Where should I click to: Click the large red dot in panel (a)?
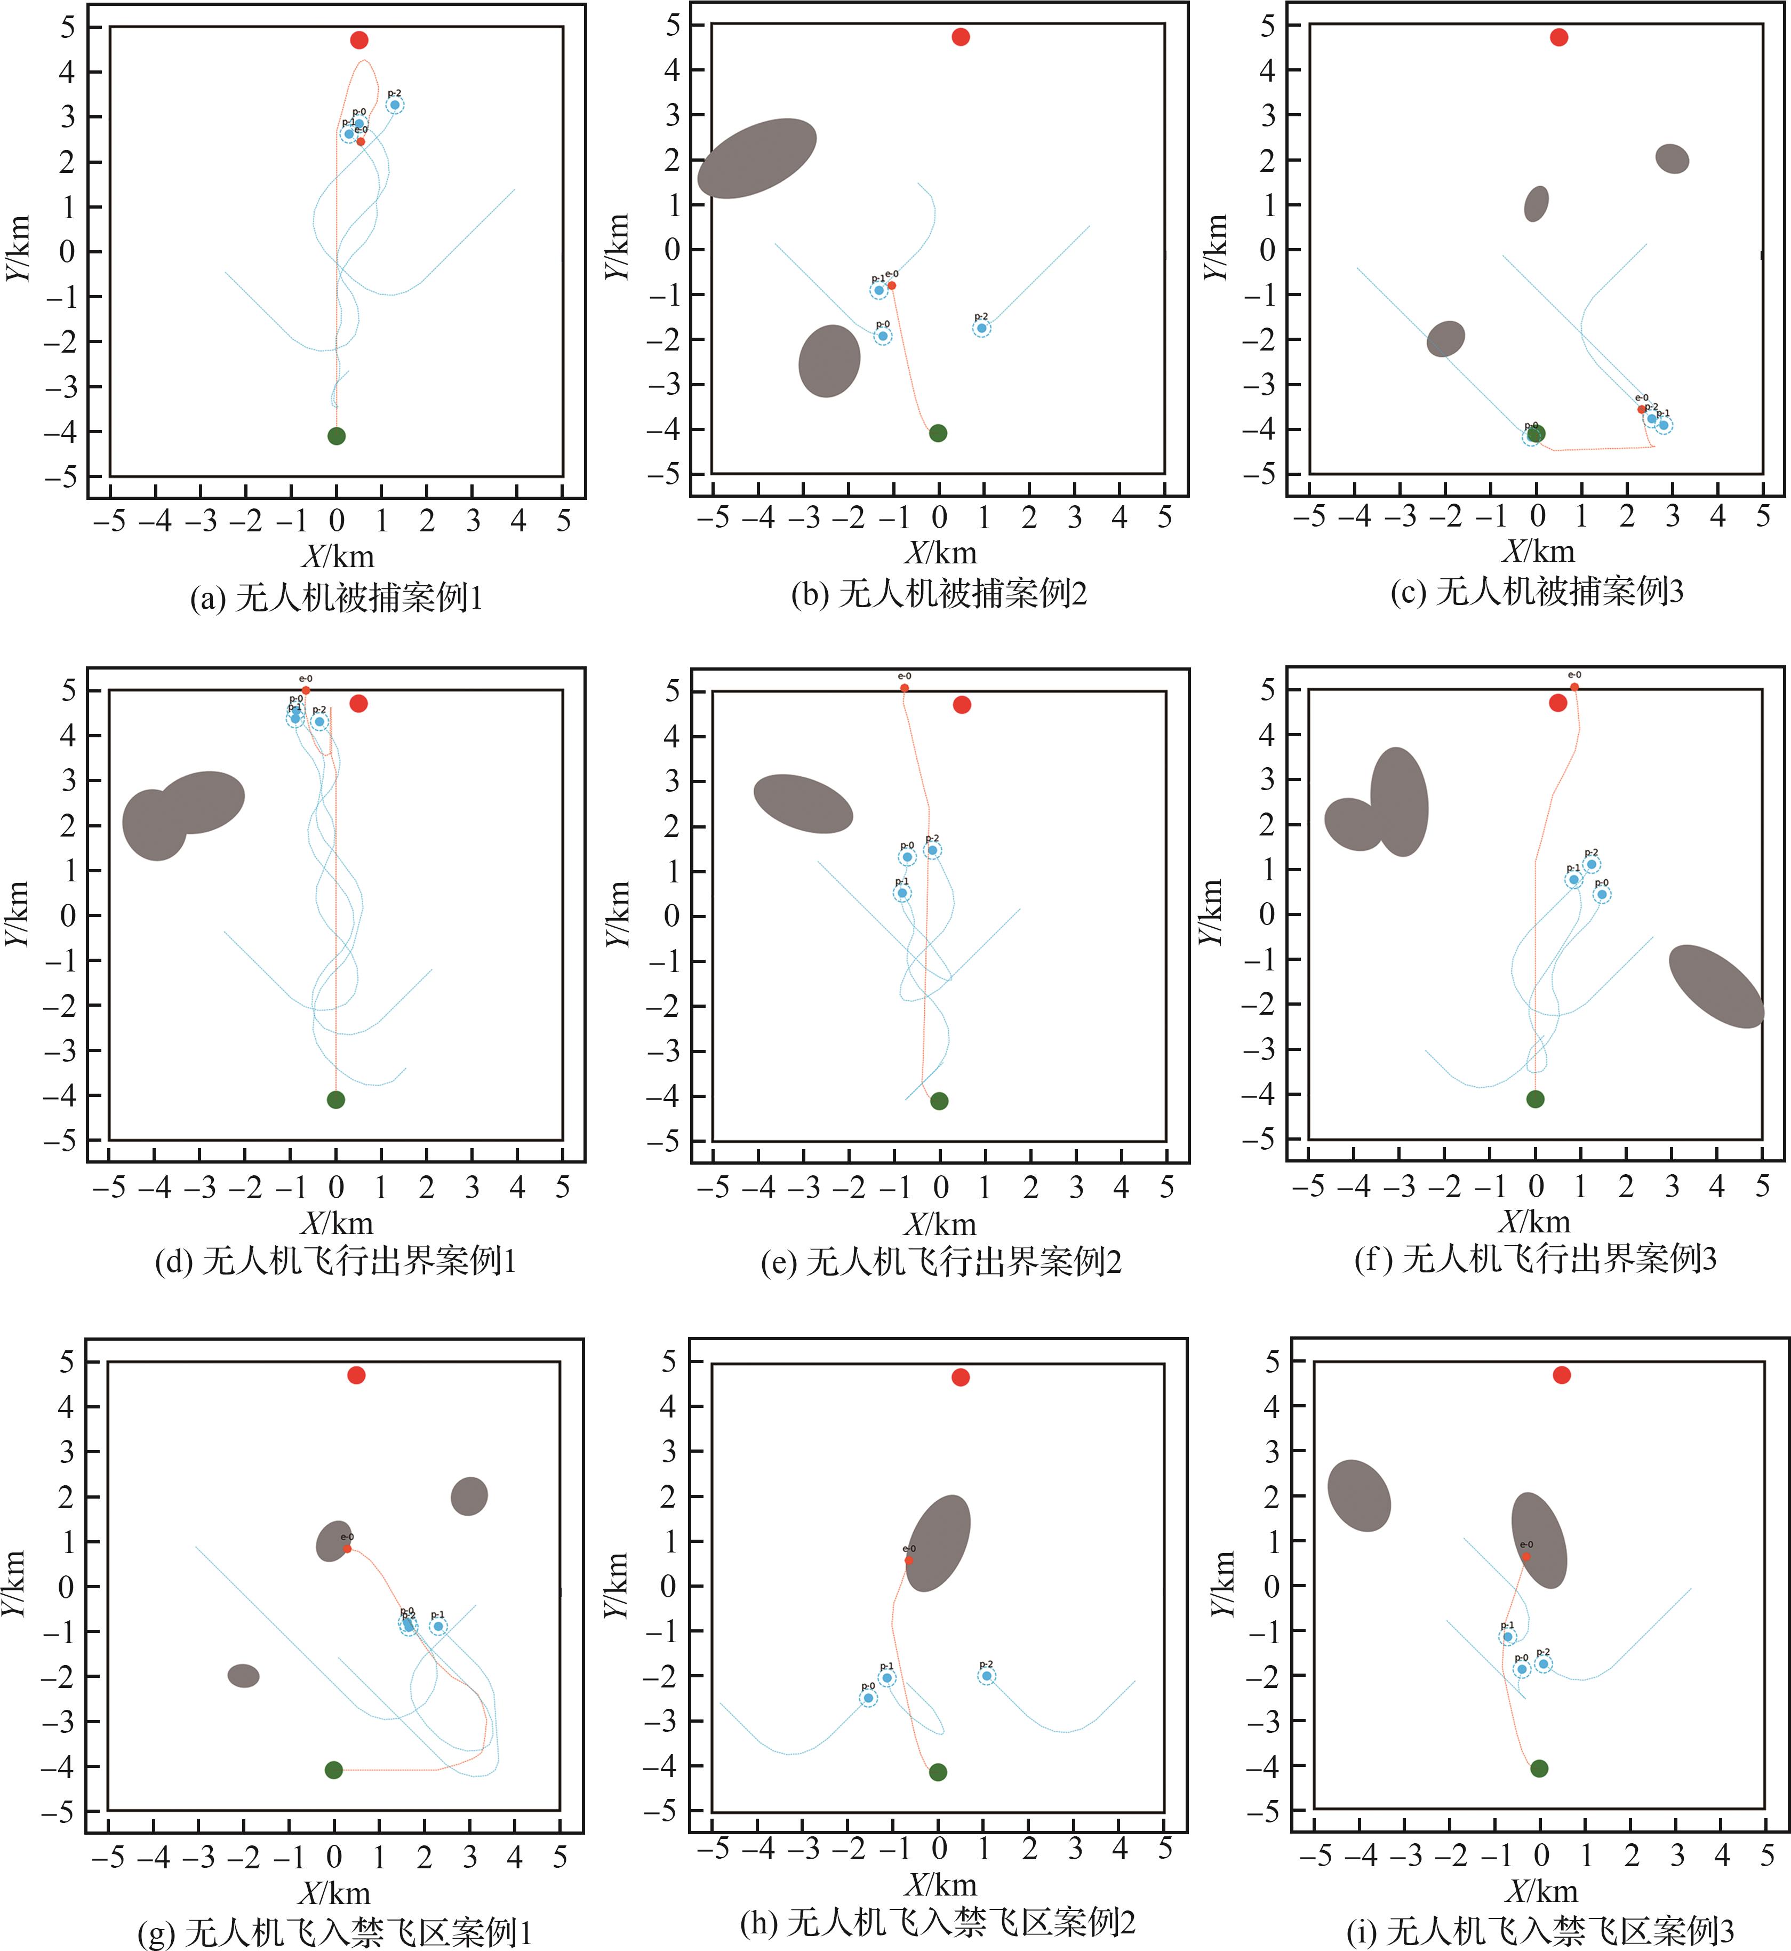coord(358,39)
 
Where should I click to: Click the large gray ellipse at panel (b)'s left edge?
coord(757,159)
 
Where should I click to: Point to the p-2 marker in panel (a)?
coord(395,105)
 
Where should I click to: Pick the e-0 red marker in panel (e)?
coord(904,688)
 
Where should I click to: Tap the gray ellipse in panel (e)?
coord(803,805)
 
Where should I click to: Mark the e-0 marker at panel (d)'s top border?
coord(306,690)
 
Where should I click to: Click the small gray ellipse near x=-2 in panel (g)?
coord(243,1676)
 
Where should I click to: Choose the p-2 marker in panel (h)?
coord(987,1676)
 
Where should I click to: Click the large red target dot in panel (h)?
coord(961,1377)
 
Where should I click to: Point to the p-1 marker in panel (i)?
coord(1507,1637)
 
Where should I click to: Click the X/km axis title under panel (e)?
coord(940,1224)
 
